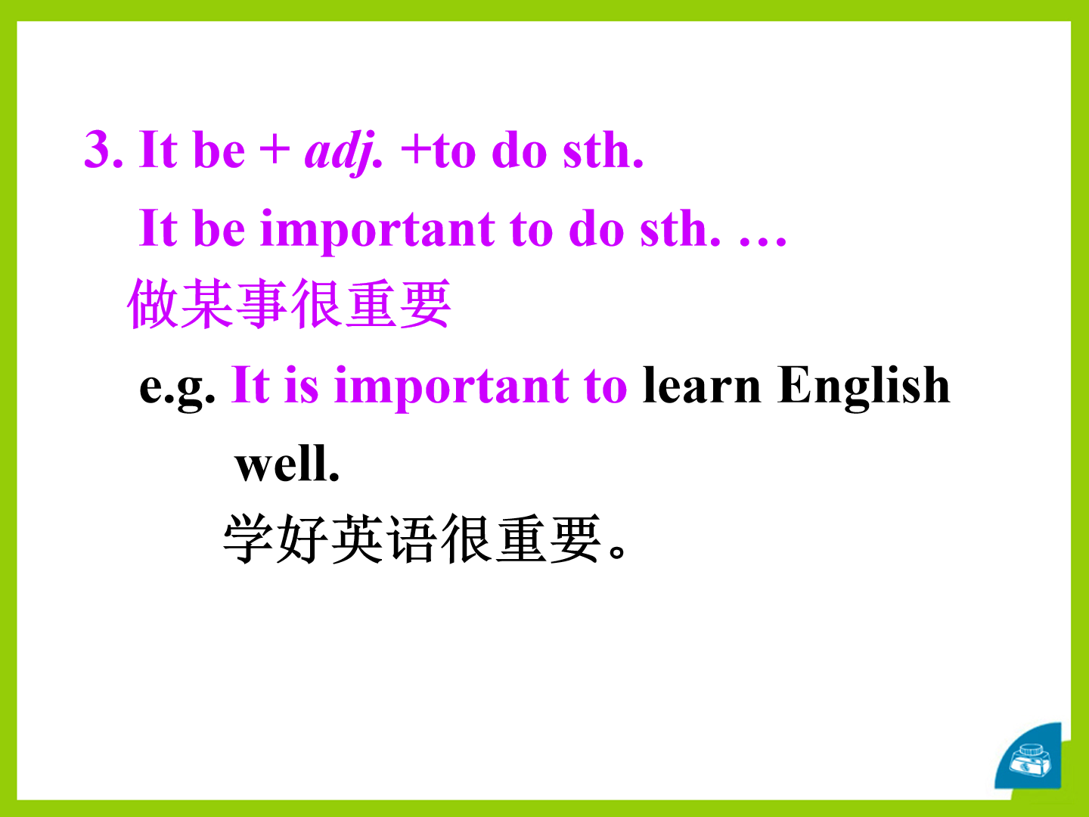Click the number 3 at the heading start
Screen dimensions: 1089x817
(98, 150)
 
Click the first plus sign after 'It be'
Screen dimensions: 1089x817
(275, 151)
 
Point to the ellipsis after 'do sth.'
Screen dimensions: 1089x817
(762, 241)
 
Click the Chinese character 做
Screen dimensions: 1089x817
(154, 303)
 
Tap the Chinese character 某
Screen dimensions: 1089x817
(207, 303)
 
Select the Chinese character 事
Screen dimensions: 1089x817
(262, 303)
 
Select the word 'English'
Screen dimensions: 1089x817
(864, 387)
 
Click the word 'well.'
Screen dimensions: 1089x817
(287, 463)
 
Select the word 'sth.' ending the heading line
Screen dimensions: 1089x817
(603, 151)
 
